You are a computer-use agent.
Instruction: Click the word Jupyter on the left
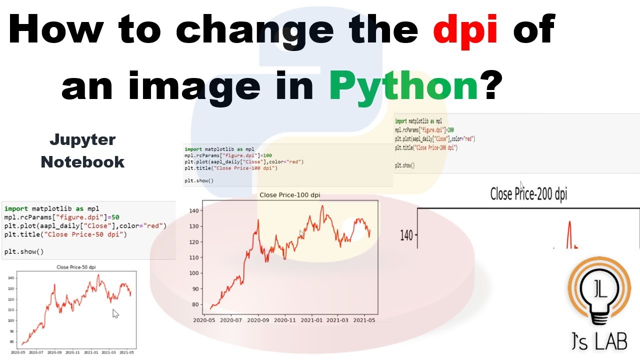tap(82, 140)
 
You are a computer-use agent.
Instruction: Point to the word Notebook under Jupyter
tap(82, 161)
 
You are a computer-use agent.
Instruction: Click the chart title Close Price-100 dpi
tap(289, 195)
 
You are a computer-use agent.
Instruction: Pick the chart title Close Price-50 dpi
tap(76, 267)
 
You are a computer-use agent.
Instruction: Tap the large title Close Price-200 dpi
tap(528, 194)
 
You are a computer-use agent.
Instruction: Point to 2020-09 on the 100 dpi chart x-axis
tap(257, 320)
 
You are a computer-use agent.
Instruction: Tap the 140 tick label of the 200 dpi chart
tap(406, 235)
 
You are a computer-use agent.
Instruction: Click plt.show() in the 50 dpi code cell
tap(24, 251)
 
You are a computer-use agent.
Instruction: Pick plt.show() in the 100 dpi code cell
tap(199, 180)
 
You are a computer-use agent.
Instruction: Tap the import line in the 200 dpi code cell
tap(418, 121)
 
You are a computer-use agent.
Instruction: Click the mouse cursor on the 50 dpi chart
tap(115, 313)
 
